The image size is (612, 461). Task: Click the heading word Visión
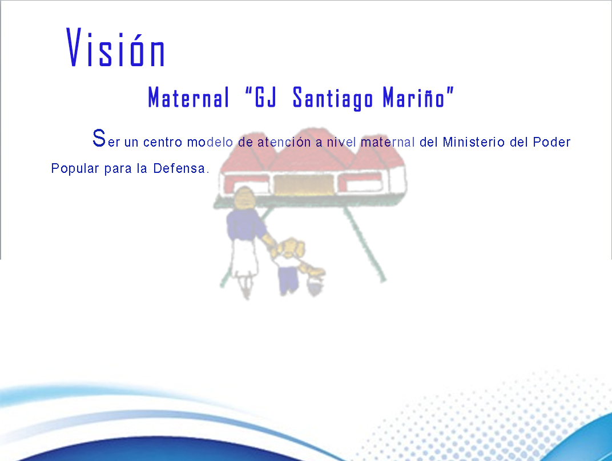point(116,47)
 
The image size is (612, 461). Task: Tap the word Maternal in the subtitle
point(188,98)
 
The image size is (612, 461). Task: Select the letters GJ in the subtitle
point(266,97)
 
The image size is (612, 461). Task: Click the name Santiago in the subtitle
point(332,98)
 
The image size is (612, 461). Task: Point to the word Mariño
point(414,97)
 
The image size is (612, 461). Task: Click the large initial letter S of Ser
point(99,138)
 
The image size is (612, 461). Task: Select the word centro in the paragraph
point(163,142)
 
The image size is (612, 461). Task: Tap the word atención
point(284,141)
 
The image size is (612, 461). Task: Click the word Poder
point(552,141)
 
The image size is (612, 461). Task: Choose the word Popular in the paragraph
point(75,168)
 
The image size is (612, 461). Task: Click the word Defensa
point(179,168)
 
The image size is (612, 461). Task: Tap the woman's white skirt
point(245,258)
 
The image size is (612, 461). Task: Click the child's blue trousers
point(288,278)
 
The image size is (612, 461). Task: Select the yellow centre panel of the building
point(304,184)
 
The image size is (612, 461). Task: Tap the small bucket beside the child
point(315,285)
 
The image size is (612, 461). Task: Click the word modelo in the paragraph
point(210,142)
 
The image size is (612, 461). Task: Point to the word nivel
point(341,141)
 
